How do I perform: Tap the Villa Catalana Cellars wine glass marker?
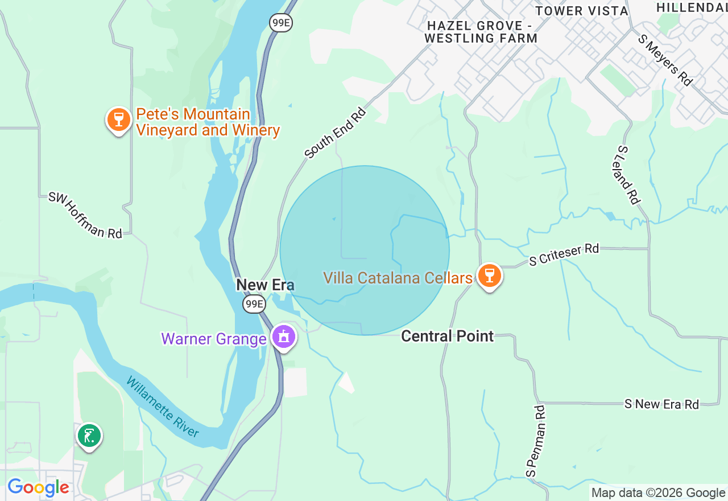point(489,276)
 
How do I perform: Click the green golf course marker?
point(89,436)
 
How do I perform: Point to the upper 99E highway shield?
point(281,22)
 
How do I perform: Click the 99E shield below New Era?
point(254,304)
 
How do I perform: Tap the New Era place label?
point(265,285)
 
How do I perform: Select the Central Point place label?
point(448,336)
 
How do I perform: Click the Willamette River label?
point(163,406)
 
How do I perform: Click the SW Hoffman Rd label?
point(85,215)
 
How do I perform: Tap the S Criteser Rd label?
point(564,254)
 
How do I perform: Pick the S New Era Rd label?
point(661,404)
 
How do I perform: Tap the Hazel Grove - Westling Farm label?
point(481,32)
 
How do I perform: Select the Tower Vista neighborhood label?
point(582,11)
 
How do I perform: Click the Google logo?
point(38,488)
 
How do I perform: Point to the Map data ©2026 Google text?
point(658,493)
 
